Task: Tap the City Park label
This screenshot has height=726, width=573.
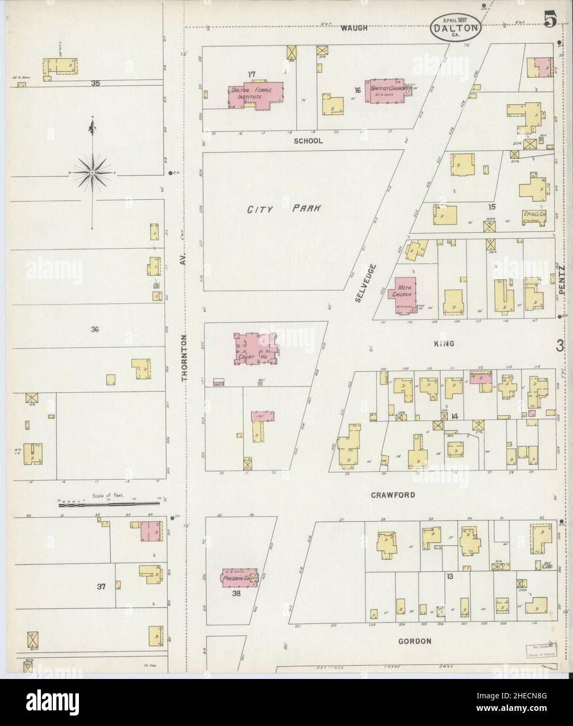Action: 284,208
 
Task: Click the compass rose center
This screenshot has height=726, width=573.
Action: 93,172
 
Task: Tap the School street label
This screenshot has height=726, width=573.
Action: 308,140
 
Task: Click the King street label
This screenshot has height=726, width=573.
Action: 443,344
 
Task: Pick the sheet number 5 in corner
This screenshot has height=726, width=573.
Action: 549,19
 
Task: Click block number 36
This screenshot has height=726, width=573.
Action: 95,329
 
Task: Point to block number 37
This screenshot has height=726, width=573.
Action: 101,587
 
